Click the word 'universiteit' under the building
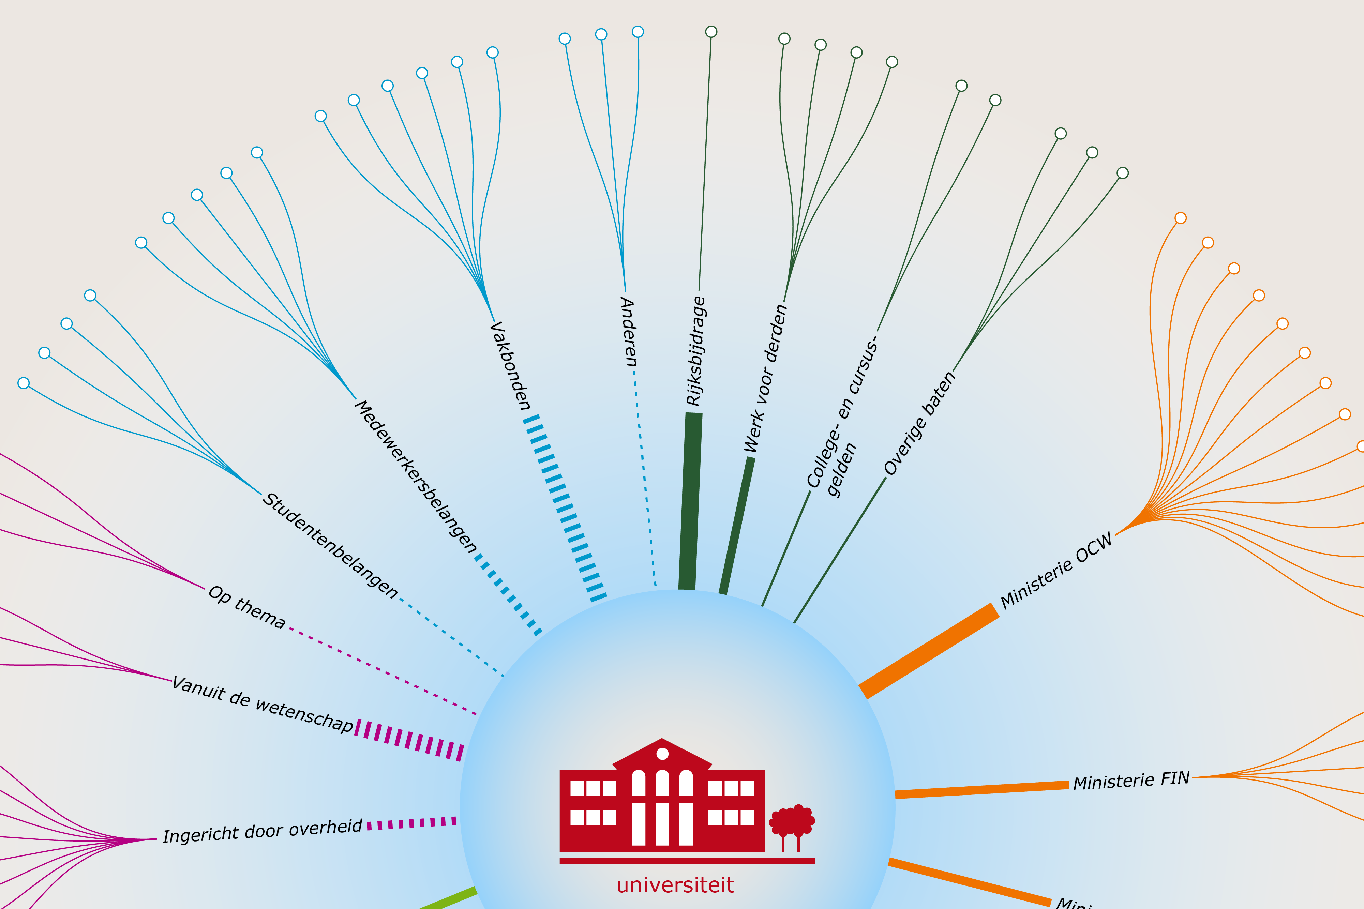(x=675, y=885)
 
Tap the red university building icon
(x=662, y=800)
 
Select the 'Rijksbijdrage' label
(x=695, y=351)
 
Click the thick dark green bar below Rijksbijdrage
(x=690, y=501)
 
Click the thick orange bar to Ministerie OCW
(x=929, y=650)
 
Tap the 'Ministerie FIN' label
(x=1131, y=780)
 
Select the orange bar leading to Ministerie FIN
(x=982, y=790)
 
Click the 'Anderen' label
(x=628, y=332)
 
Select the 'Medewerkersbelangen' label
(x=416, y=476)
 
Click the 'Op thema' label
(x=247, y=607)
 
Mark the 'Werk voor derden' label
(x=766, y=378)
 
